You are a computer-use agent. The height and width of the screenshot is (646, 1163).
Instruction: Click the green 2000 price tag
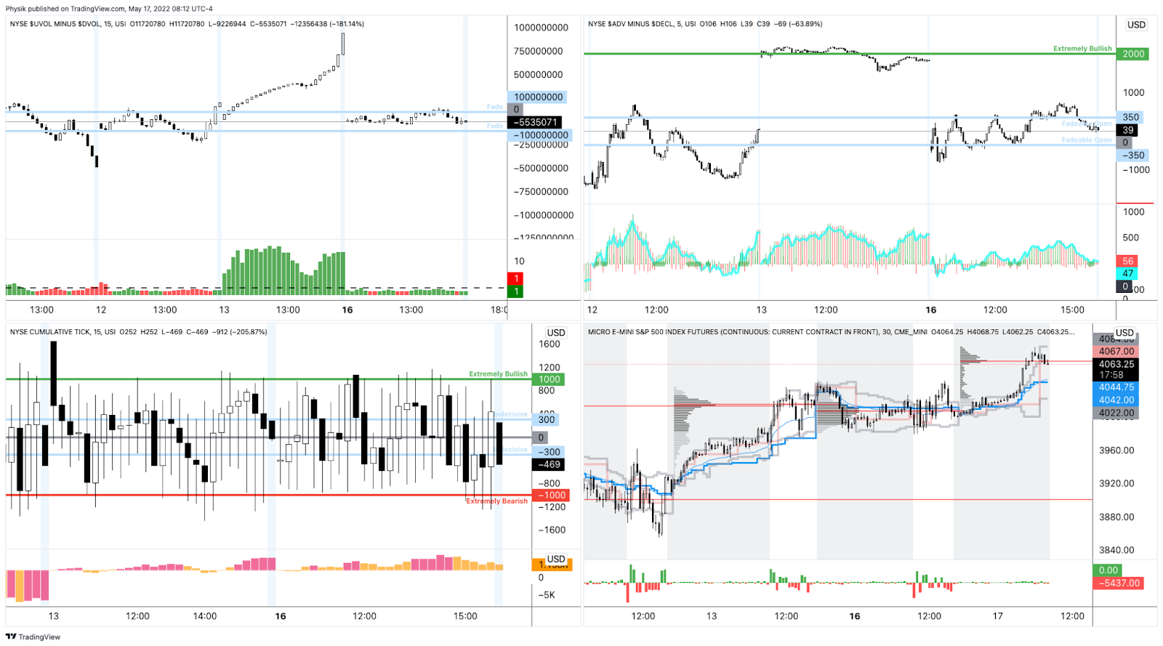(1132, 54)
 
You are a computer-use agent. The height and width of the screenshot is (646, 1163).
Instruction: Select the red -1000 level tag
(552, 496)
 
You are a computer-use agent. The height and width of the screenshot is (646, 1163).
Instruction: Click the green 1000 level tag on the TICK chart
(549, 379)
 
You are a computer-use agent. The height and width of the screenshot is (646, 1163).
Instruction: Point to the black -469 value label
(549, 464)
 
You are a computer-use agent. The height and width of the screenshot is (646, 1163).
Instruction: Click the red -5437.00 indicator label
(1120, 583)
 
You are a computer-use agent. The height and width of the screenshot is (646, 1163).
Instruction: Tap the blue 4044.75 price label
(1116, 387)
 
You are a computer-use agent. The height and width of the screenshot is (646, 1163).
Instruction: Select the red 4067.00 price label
(1116, 351)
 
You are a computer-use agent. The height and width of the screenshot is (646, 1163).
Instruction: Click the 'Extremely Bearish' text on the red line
(497, 501)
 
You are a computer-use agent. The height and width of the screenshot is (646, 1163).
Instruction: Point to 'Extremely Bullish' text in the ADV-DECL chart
(1082, 49)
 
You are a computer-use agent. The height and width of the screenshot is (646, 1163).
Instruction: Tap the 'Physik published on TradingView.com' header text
(109, 9)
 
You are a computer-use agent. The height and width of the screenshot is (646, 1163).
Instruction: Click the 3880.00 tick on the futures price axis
(1116, 517)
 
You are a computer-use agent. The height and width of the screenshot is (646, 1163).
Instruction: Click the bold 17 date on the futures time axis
(997, 615)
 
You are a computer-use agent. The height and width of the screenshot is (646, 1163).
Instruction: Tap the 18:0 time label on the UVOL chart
(499, 310)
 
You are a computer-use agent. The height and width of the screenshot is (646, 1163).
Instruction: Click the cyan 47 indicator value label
(1127, 273)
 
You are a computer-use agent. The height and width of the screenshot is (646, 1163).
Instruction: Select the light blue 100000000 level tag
(539, 97)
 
